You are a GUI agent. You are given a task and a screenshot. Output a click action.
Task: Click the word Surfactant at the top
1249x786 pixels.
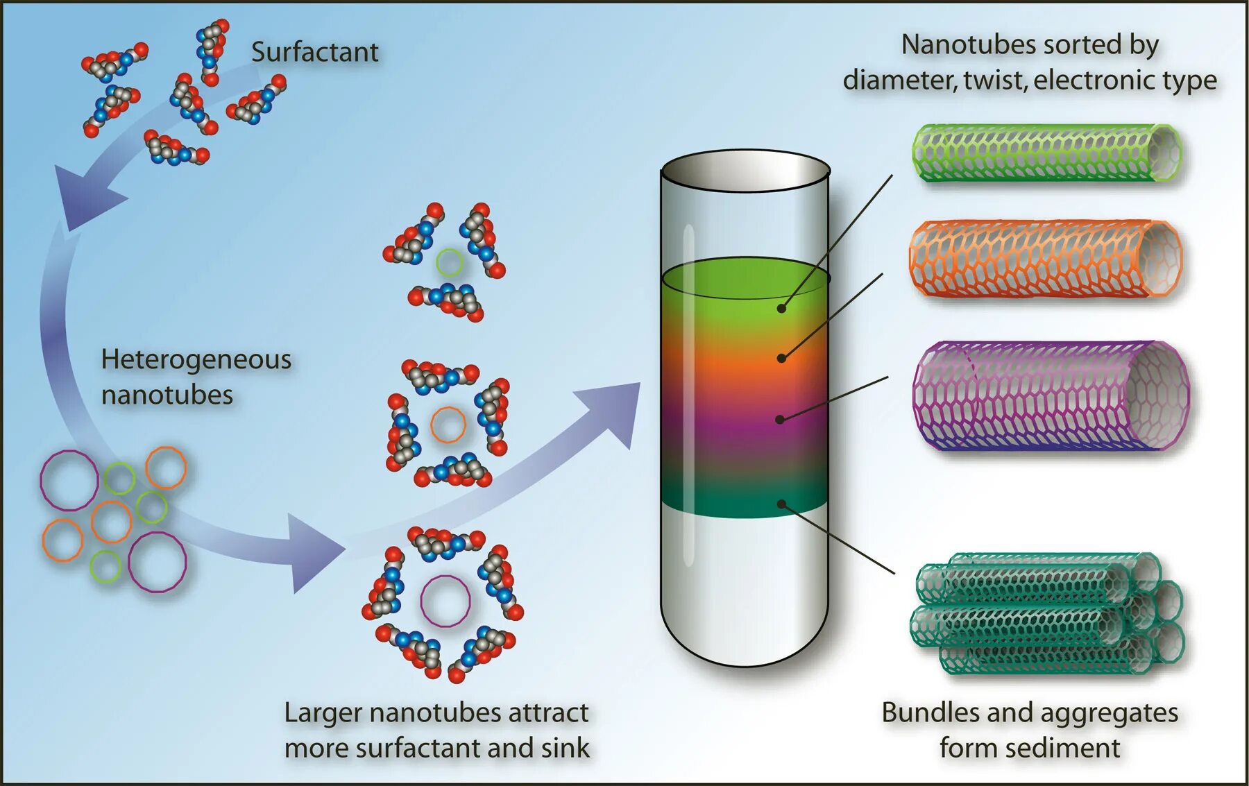point(314,53)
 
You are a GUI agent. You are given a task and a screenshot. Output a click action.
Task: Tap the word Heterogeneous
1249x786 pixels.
point(196,359)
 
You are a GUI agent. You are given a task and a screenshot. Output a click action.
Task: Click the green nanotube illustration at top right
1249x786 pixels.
point(1046,153)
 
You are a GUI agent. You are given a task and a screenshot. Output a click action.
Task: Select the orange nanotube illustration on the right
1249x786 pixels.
point(1045,258)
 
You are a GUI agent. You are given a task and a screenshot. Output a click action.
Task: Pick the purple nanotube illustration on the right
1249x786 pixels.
point(1051,395)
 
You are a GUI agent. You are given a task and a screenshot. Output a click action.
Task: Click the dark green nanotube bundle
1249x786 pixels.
point(1046,614)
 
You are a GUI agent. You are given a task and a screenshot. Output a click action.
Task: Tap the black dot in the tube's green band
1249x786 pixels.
point(781,308)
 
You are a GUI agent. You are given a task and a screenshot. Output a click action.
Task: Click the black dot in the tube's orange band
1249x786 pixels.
point(781,358)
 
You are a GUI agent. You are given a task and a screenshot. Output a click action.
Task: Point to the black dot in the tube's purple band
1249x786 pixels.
point(780,419)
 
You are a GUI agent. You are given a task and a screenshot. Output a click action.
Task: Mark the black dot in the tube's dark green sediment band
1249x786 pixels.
point(781,504)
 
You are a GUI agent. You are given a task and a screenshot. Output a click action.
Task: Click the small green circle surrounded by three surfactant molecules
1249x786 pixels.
point(449,262)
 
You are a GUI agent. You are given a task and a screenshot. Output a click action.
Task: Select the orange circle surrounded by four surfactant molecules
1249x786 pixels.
point(448,425)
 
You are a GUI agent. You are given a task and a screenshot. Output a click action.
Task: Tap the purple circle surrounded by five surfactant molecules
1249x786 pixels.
point(445,601)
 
